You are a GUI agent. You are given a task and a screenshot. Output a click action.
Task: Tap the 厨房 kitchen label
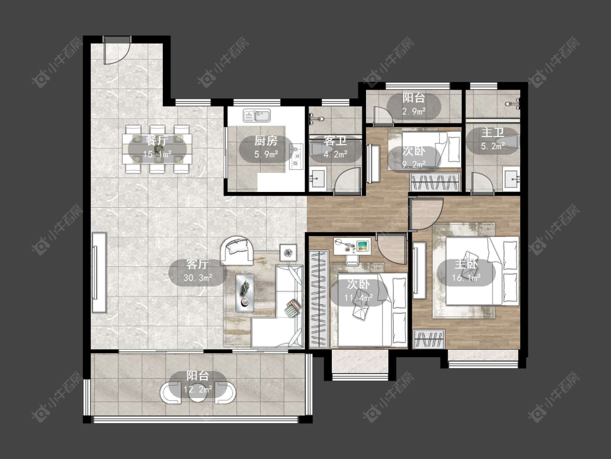tap(266, 140)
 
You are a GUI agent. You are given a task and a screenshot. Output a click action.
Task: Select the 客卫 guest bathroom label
tap(336, 140)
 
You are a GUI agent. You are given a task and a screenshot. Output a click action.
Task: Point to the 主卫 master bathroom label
tap(493, 132)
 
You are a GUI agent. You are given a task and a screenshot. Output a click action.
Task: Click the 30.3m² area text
tap(198, 278)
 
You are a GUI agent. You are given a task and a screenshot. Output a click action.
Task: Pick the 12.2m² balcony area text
tap(198, 389)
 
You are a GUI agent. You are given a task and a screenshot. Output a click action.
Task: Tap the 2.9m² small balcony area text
tap(414, 111)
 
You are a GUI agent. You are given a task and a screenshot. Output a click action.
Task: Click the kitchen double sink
tap(257, 115)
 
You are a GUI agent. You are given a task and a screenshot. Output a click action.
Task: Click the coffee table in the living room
tap(245, 293)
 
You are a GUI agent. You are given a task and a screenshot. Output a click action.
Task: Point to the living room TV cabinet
tap(99, 272)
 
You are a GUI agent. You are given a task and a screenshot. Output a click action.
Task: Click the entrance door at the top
tap(117, 50)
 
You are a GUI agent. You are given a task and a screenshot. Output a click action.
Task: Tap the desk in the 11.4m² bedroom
tap(352, 246)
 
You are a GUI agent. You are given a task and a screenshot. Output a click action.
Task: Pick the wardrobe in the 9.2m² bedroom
tap(435, 182)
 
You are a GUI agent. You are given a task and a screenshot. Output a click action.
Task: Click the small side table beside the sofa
tap(288, 252)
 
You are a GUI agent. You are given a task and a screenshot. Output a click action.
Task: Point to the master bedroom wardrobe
tap(429, 339)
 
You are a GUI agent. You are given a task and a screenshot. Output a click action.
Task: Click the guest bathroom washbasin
tap(318, 179)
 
